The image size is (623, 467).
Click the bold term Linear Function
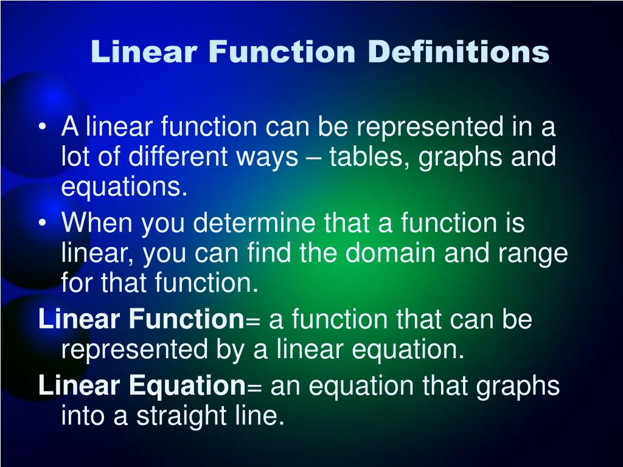click(x=141, y=319)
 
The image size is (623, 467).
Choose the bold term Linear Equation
click(x=141, y=386)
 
